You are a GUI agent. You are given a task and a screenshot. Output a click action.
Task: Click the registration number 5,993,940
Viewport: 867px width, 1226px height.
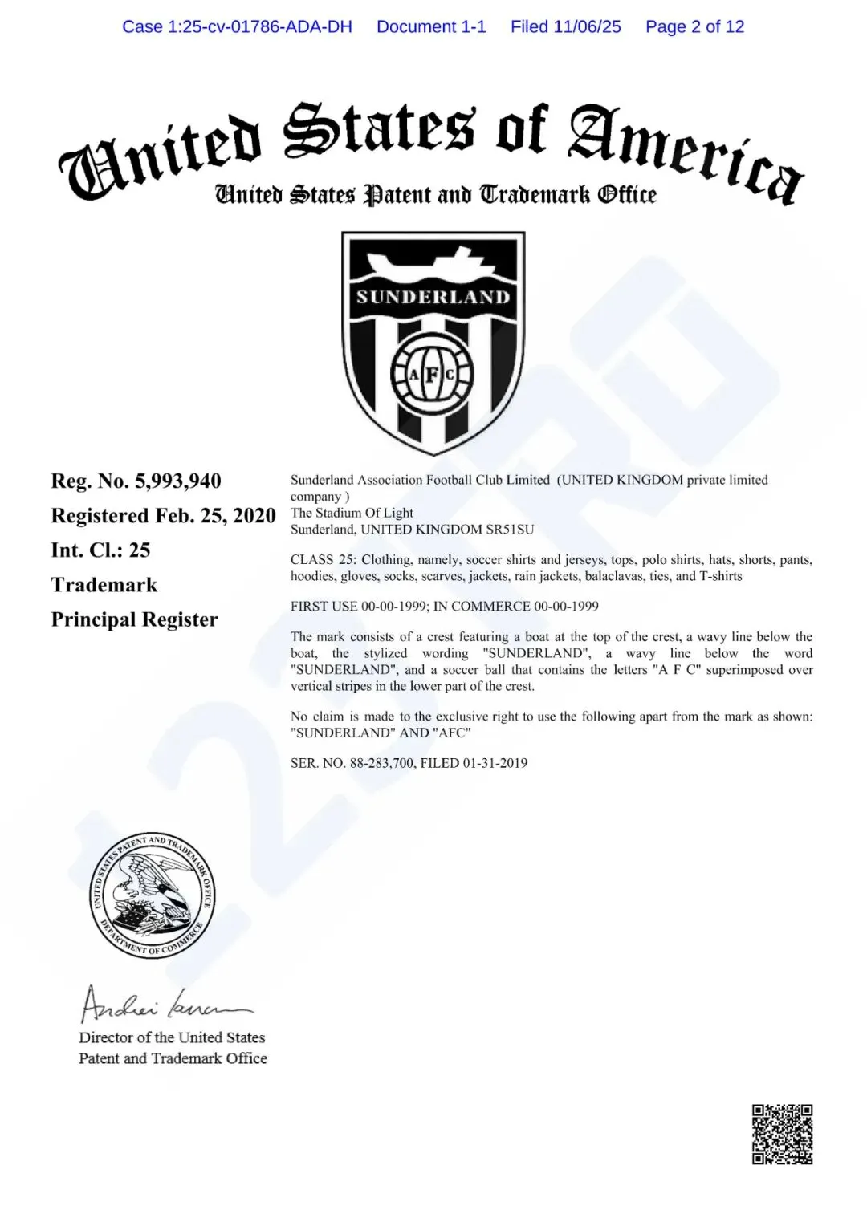[177, 481]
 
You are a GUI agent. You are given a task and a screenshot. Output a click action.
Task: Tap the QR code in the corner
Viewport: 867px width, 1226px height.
[782, 1134]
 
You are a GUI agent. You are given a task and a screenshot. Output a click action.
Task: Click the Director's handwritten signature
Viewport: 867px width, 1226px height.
[165, 1005]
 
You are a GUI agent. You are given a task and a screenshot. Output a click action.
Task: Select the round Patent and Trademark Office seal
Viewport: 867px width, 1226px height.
[152, 895]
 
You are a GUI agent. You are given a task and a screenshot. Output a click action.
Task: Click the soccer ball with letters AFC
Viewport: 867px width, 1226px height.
[433, 374]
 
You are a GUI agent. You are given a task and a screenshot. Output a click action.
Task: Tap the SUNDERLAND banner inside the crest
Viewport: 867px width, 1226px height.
[433, 298]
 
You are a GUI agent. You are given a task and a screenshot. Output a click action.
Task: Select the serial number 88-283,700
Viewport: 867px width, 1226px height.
[379, 763]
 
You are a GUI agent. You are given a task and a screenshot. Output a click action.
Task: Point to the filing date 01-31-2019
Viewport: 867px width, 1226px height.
[495, 763]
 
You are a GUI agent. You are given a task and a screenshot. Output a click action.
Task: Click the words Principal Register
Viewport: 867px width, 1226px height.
[135, 619]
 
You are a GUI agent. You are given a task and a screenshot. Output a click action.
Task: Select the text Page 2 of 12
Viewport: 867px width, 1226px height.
[694, 26]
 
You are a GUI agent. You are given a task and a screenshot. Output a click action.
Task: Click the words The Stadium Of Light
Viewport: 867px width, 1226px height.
[352, 513]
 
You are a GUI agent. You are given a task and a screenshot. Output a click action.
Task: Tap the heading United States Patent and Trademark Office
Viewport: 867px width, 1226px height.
[435, 195]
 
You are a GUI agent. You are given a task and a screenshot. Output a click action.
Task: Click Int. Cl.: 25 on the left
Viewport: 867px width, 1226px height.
[100, 550]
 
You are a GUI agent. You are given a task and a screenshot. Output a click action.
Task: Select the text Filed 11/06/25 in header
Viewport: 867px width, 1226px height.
[565, 26]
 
